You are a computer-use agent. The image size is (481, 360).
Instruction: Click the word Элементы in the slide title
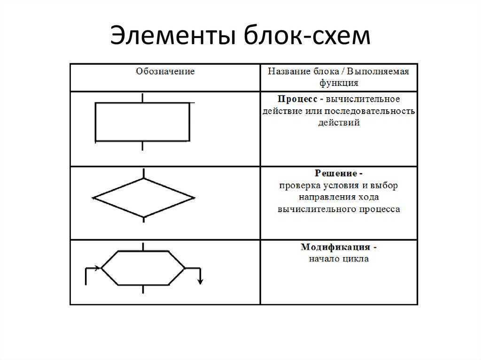pos(174,37)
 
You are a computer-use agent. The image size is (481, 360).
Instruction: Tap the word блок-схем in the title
pos(307,37)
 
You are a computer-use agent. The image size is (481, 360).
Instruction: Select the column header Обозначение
pos(165,72)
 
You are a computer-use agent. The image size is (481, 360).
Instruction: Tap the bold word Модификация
pos(335,247)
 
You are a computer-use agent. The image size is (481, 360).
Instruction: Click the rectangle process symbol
pos(142,122)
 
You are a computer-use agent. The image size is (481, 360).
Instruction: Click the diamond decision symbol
pos(143,198)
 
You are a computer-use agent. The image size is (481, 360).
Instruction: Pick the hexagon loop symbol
pos(143,268)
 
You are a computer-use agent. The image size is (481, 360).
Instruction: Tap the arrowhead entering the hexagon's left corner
pos(98,268)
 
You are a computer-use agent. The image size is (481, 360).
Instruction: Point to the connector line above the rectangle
pos(142,98)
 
